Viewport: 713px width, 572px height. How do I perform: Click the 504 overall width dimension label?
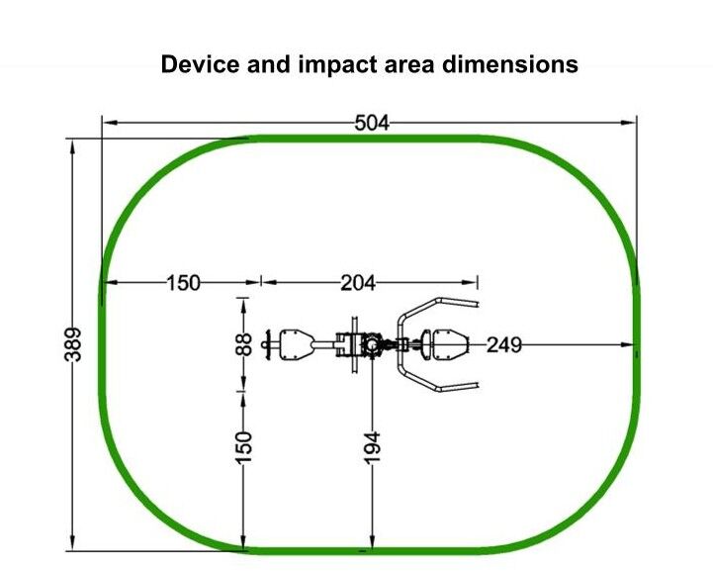(372, 124)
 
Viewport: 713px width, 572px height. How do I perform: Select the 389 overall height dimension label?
(73, 344)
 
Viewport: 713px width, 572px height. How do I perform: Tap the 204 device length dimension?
(358, 283)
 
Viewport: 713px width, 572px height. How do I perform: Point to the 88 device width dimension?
(244, 344)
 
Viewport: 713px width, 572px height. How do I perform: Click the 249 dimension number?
(503, 345)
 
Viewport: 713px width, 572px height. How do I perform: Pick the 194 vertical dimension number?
(373, 448)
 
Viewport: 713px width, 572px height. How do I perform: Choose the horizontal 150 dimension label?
(183, 283)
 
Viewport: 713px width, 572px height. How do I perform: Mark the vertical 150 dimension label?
(244, 448)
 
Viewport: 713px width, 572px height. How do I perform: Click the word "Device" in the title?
(200, 64)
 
